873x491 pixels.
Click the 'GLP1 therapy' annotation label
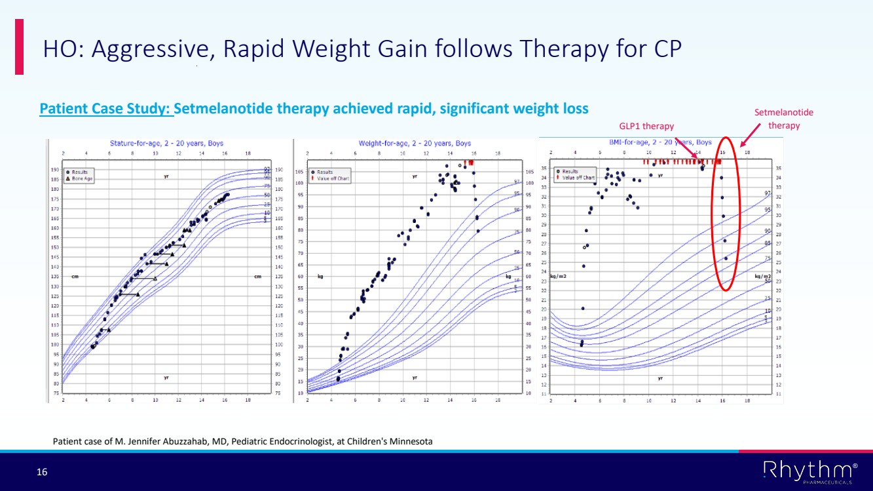[x=646, y=126]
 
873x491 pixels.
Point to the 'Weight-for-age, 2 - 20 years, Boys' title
[x=415, y=142]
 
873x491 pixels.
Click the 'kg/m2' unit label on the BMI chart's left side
[x=558, y=277]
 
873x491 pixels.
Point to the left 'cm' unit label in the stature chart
[x=76, y=276]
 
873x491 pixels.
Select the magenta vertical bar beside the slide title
[x=19, y=47]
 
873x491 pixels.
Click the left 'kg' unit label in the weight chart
[x=320, y=276]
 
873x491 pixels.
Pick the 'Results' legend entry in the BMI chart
[x=570, y=171]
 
